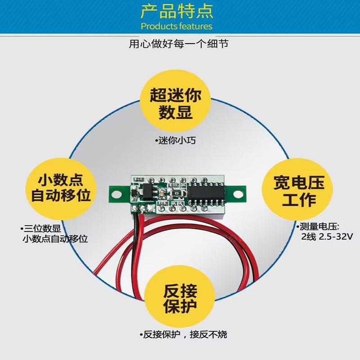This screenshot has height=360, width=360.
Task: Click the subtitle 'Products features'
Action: (176, 26)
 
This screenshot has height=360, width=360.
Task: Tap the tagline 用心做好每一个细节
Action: (180, 45)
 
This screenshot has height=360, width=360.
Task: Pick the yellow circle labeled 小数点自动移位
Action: (60, 189)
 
